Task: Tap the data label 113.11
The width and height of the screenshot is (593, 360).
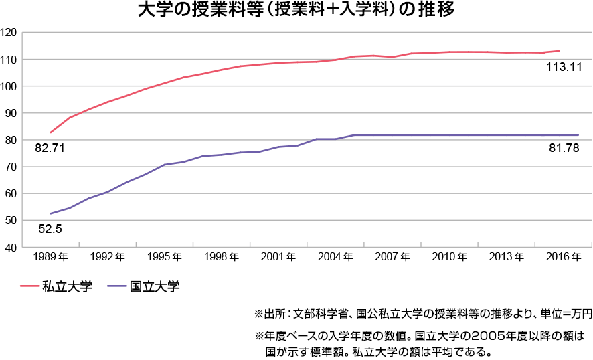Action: (564, 67)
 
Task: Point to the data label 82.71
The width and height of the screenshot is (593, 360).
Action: (49, 148)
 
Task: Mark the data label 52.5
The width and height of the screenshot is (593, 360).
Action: (50, 228)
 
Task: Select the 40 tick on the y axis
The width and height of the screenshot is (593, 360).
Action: (11, 247)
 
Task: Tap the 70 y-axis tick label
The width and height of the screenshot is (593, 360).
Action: (11, 167)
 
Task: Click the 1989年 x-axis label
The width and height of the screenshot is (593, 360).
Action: (51, 257)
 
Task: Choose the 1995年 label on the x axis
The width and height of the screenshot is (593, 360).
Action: (165, 257)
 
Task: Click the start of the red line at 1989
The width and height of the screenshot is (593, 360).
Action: (51, 132)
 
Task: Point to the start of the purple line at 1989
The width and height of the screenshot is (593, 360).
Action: (51, 213)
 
